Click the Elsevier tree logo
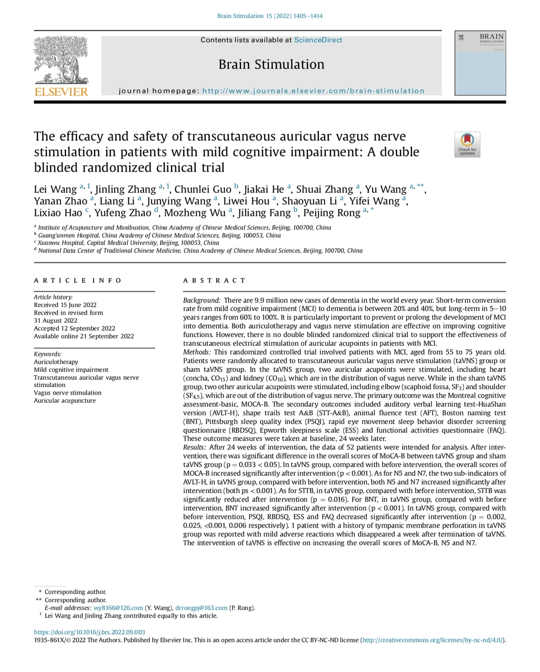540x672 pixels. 61,66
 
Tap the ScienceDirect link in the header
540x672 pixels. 318,40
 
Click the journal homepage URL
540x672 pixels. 313,91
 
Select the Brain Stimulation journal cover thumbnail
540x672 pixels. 480,63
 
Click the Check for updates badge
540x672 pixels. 467,144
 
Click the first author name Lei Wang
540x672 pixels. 55,190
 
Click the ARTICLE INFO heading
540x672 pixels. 77,280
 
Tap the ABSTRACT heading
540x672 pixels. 214,280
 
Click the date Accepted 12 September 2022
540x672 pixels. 74,328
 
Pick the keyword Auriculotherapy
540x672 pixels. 56,362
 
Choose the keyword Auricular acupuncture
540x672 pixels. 65,401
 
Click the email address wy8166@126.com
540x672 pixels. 118,608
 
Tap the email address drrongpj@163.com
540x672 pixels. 201,608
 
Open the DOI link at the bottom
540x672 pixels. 90,632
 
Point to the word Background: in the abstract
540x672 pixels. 202,300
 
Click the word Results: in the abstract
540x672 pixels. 194,447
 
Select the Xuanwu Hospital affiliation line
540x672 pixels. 128,243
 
